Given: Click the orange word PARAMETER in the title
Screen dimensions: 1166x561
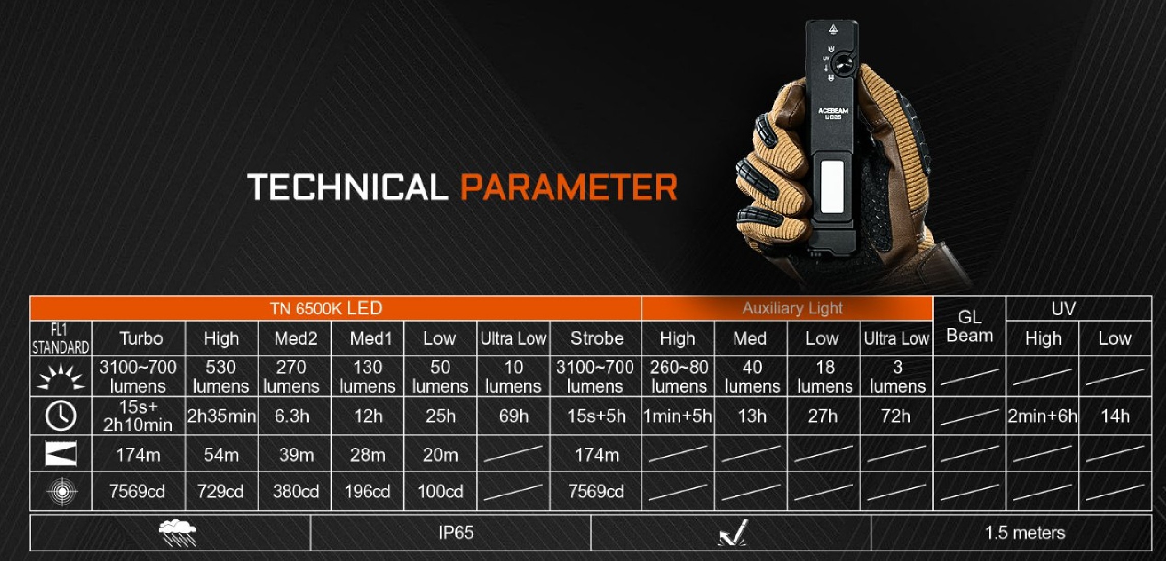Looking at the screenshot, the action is pos(569,187).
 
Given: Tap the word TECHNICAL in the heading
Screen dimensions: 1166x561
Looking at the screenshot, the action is pos(347,187).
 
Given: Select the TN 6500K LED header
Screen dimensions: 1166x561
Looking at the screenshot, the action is pos(326,308).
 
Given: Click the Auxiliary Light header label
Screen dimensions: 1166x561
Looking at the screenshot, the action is pos(792,308).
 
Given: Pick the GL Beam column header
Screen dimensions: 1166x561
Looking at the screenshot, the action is pos(969,326).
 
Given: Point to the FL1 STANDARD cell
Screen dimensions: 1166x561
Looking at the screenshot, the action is pos(60,338).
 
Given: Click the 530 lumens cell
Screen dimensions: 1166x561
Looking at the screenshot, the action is pos(221,376).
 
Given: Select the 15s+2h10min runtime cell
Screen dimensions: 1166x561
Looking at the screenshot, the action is pos(138,416).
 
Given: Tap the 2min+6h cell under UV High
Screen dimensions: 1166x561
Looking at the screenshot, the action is pos(1042,416).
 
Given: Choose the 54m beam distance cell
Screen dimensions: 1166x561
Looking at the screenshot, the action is pos(221,454).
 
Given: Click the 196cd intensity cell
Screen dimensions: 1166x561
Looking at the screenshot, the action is pos(367,491).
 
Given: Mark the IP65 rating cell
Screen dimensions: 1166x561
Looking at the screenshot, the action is pos(456,532).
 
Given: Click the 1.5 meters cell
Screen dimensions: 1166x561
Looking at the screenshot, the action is pos(1025,532).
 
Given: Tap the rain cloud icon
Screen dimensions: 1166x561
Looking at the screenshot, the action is pos(177,533).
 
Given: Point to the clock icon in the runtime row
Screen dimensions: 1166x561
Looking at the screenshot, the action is pos(61,416).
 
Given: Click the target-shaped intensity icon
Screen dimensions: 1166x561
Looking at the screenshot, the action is pos(62,491).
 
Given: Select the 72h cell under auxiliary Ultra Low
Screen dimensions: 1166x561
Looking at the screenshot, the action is pos(896,416).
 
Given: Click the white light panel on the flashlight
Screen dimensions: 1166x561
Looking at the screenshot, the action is pos(832,187).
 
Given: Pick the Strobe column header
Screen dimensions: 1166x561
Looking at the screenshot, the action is pos(597,338).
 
